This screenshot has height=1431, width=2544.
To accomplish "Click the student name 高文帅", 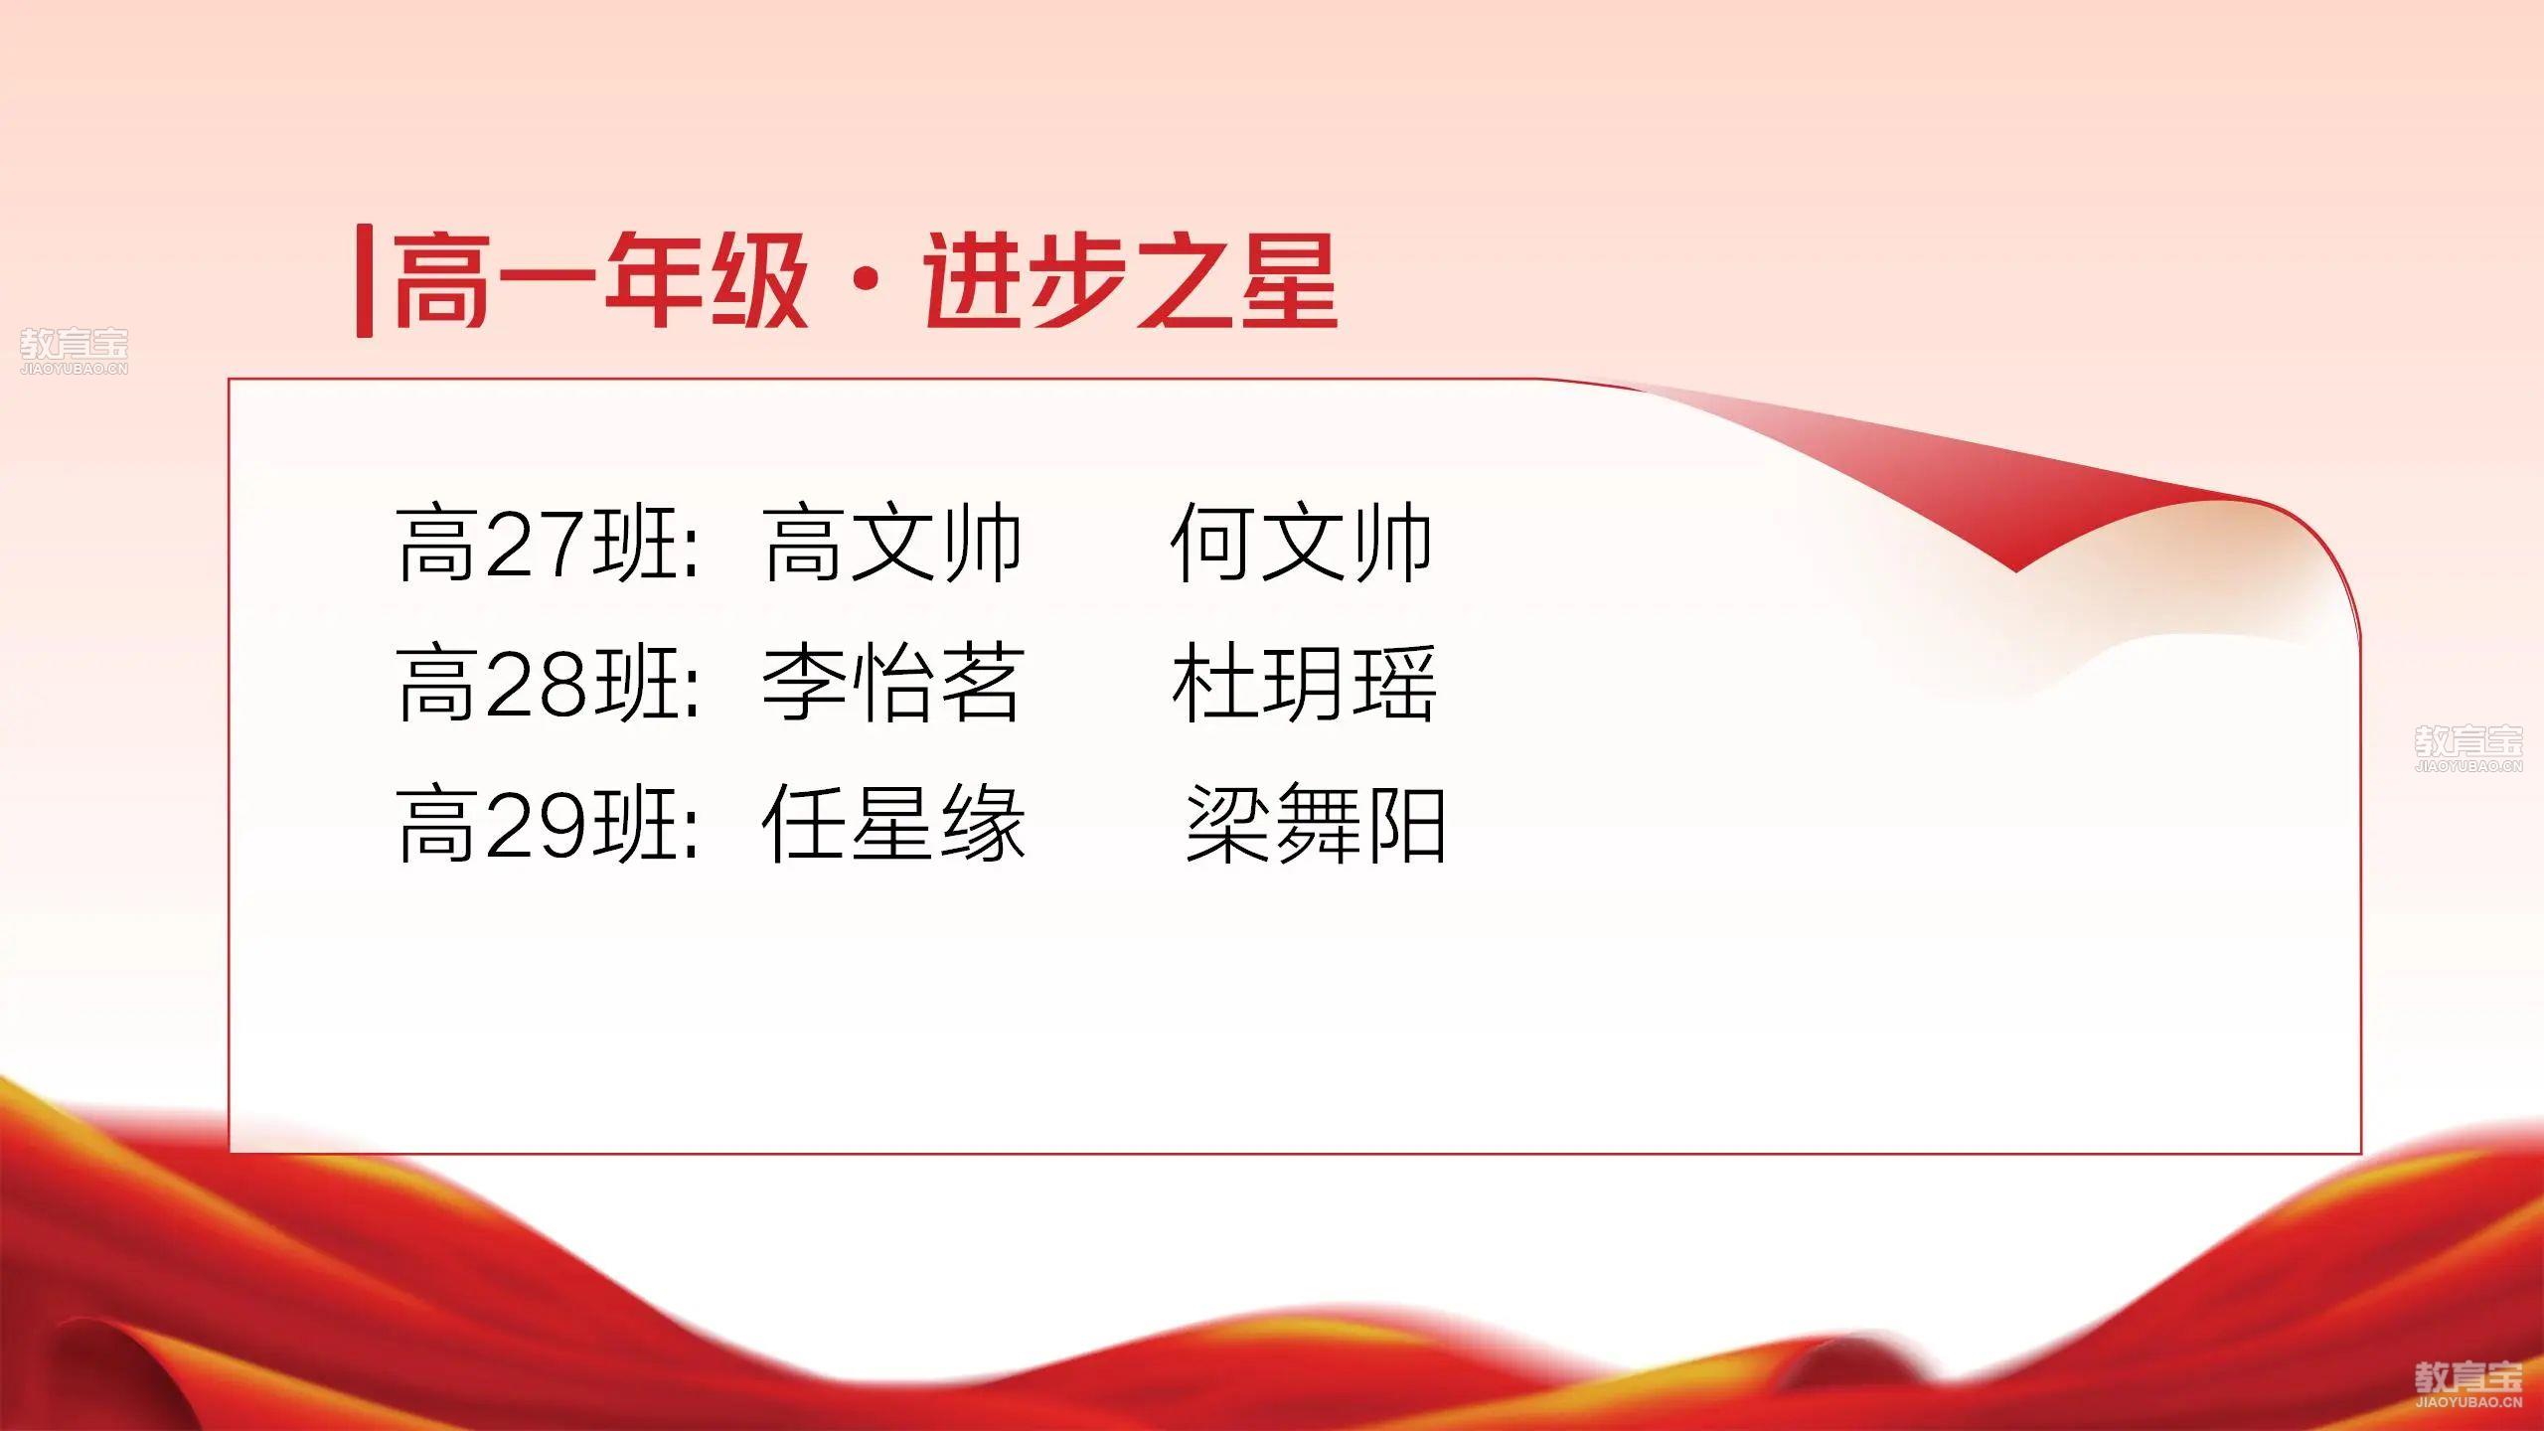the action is click(x=892, y=543).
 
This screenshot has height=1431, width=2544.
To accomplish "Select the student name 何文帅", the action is click(x=1301, y=543).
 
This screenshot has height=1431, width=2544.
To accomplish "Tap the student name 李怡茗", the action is click(x=892, y=683).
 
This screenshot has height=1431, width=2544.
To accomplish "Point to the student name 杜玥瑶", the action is click(x=1304, y=683).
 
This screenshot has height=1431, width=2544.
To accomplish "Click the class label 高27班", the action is click(x=538, y=543).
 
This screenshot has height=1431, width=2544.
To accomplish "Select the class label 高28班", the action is click(x=538, y=683).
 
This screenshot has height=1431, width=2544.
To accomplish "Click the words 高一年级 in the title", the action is click(x=600, y=281).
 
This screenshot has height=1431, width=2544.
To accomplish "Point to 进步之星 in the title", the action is click(x=1130, y=281).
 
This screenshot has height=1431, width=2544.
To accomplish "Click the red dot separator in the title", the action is click(x=866, y=282).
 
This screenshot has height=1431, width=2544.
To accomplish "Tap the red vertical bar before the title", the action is click(x=365, y=282).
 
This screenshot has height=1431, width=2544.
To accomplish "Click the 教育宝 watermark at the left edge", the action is click(x=75, y=352).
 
